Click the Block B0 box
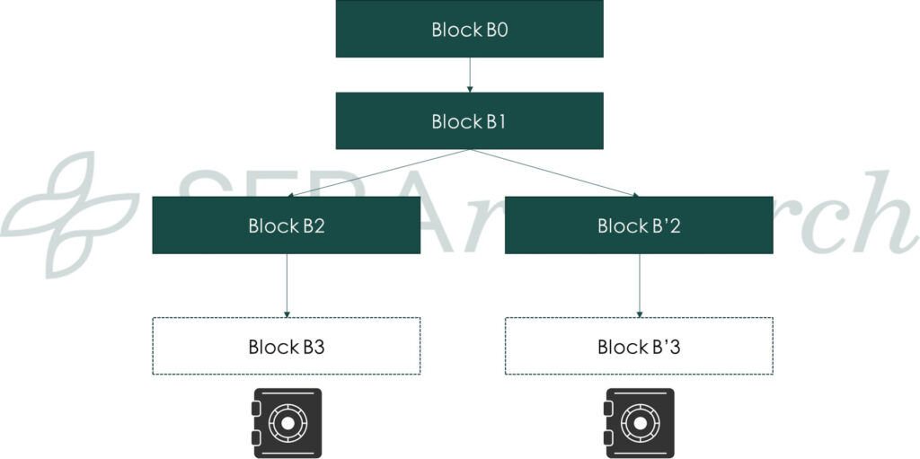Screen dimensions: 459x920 (469, 29)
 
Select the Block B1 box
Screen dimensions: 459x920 (469, 120)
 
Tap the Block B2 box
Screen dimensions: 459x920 (286, 225)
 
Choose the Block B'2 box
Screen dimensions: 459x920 (639, 225)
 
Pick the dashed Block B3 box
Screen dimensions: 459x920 (286, 346)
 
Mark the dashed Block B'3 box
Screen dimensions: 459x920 (639, 346)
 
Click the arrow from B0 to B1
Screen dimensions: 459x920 (469, 75)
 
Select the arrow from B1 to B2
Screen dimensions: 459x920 (377, 172)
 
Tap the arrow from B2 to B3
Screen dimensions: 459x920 (287, 285)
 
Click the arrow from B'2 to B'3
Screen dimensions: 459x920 (639, 285)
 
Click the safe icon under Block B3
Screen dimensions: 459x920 (286, 423)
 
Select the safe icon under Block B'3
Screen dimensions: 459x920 (639, 423)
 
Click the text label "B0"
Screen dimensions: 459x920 (496, 30)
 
